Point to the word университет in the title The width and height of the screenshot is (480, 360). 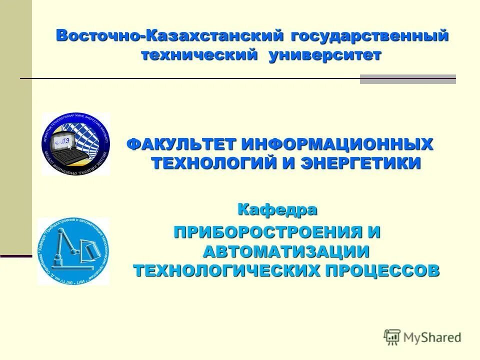tap(324, 55)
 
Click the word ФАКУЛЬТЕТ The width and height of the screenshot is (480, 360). tap(181, 144)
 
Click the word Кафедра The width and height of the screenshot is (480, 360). tap(277, 209)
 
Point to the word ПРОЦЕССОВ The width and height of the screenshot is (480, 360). tap(383, 270)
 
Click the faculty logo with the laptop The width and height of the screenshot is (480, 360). tap(76, 144)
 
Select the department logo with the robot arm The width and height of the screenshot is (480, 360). tap(73, 251)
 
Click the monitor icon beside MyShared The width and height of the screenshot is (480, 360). tap(392, 336)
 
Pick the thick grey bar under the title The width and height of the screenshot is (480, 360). tap(408, 79)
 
